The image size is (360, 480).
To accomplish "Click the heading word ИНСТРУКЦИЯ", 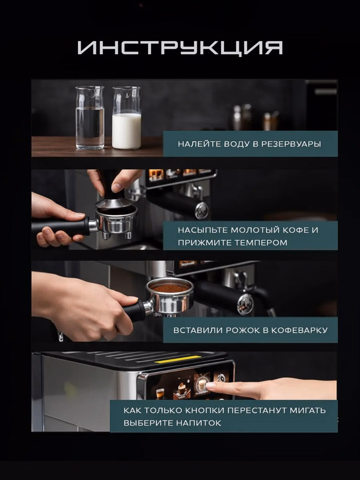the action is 180,47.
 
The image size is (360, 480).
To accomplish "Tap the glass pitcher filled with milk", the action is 127,118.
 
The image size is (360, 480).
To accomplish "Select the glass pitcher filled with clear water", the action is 90,118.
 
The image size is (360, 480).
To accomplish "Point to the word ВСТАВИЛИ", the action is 198,330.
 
